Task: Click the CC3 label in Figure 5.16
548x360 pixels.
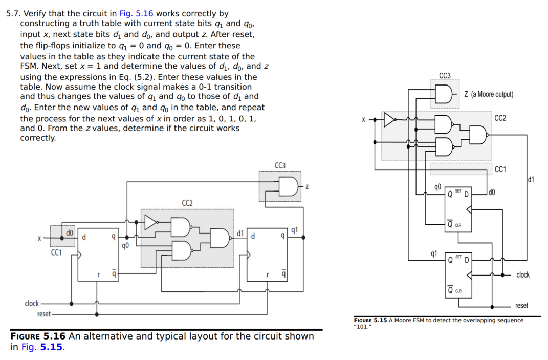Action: [280, 165]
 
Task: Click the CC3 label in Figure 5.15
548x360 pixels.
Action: [445, 75]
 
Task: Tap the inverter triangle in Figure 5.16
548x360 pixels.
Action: [151, 222]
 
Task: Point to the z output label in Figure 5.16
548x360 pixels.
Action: [307, 186]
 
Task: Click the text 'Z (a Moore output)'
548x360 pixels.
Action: [488, 94]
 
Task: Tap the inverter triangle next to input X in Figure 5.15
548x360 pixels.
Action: [390, 120]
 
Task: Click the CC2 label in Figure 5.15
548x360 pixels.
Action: [500, 118]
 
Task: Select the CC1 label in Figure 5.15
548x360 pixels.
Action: [500, 170]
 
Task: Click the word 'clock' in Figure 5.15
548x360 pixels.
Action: [523, 275]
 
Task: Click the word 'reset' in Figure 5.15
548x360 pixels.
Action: [521, 306]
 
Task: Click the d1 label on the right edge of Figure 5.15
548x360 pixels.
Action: [531, 179]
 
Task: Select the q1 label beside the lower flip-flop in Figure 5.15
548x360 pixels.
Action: [434, 253]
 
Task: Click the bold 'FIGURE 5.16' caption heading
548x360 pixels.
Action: [38, 336]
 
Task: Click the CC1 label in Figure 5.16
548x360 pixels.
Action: [56, 252]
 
